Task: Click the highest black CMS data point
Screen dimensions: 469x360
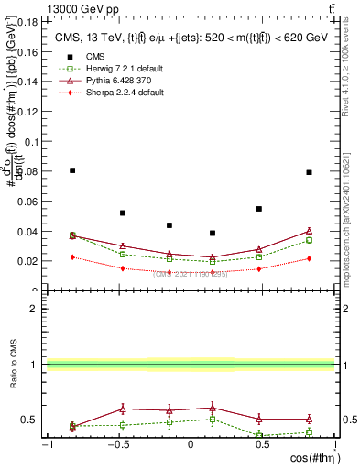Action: [x=72, y=170]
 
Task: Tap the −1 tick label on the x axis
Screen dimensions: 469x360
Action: [x=47, y=444]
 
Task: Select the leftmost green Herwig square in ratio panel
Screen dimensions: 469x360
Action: [x=72, y=426]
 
